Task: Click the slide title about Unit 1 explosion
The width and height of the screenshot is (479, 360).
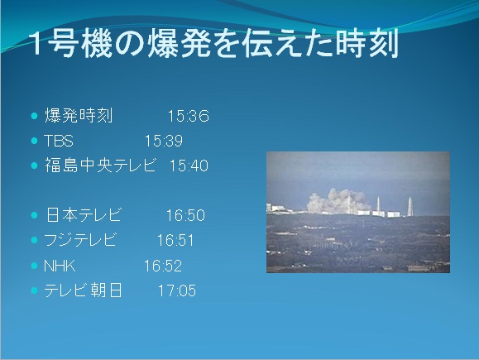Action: pyautogui.click(x=214, y=43)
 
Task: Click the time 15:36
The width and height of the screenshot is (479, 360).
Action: pyautogui.click(x=189, y=116)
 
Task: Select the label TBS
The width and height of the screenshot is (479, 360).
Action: pyautogui.click(x=59, y=141)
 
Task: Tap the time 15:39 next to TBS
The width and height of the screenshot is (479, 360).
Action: pyautogui.click(x=164, y=141)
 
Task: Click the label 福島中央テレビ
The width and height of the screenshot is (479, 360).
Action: pyautogui.click(x=100, y=166)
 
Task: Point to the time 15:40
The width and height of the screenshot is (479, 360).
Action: pyautogui.click(x=189, y=166)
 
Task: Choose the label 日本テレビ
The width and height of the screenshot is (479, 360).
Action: pyautogui.click(x=84, y=215)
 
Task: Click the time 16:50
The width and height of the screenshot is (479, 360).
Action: pyautogui.click(x=185, y=215)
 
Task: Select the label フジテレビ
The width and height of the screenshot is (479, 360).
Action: pyautogui.click(x=80, y=240)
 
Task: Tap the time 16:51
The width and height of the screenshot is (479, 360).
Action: pyautogui.click(x=175, y=240)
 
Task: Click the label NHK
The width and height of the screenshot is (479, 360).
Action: pyautogui.click(x=60, y=266)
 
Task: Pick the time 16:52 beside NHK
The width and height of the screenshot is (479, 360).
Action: pyautogui.click(x=163, y=266)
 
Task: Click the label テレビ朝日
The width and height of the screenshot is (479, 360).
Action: pyautogui.click(x=83, y=290)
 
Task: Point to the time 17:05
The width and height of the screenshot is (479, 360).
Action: pyautogui.click(x=177, y=290)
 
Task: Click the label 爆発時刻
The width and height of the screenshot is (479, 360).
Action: pyautogui.click(x=79, y=116)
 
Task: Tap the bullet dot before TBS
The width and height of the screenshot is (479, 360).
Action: pyautogui.click(x=34, y=141)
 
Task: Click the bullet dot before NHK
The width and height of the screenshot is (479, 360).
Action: pyautogui.click(x=34, y=266)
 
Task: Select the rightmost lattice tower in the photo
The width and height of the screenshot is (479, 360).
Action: pyautogui.click(x=410, y=207)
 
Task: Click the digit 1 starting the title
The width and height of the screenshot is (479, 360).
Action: pyautogui.click(x=37, y=43)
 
